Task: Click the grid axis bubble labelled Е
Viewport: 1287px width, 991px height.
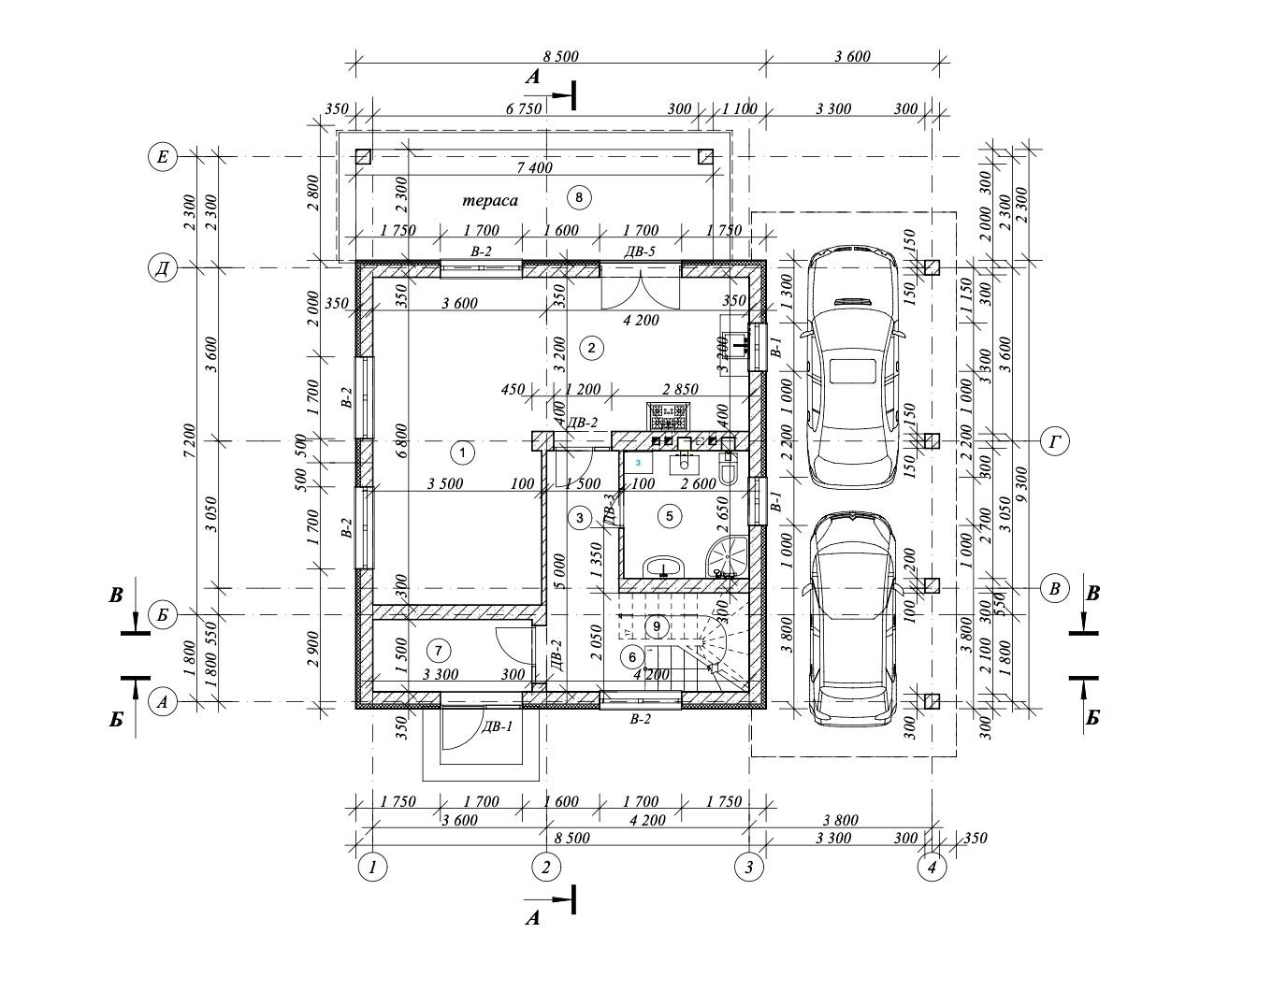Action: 163,156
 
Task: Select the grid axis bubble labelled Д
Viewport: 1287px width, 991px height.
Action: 163,268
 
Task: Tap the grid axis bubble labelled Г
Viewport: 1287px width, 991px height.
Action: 1055,440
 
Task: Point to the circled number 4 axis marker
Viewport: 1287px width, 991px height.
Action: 932,867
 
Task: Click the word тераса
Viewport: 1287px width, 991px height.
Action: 490,200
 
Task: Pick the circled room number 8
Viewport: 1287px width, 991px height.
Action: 579,197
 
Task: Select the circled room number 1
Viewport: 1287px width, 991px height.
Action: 462,453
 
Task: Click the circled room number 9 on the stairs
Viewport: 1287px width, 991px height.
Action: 657,625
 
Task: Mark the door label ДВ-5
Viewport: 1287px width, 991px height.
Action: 640,251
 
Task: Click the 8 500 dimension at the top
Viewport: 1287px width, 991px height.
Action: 559,56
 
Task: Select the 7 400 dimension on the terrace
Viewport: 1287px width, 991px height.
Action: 534,168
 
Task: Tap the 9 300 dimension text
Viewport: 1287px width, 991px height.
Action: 1020,484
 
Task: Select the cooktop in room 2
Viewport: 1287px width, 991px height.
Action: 669,413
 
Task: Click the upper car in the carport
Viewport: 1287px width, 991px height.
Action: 851,367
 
